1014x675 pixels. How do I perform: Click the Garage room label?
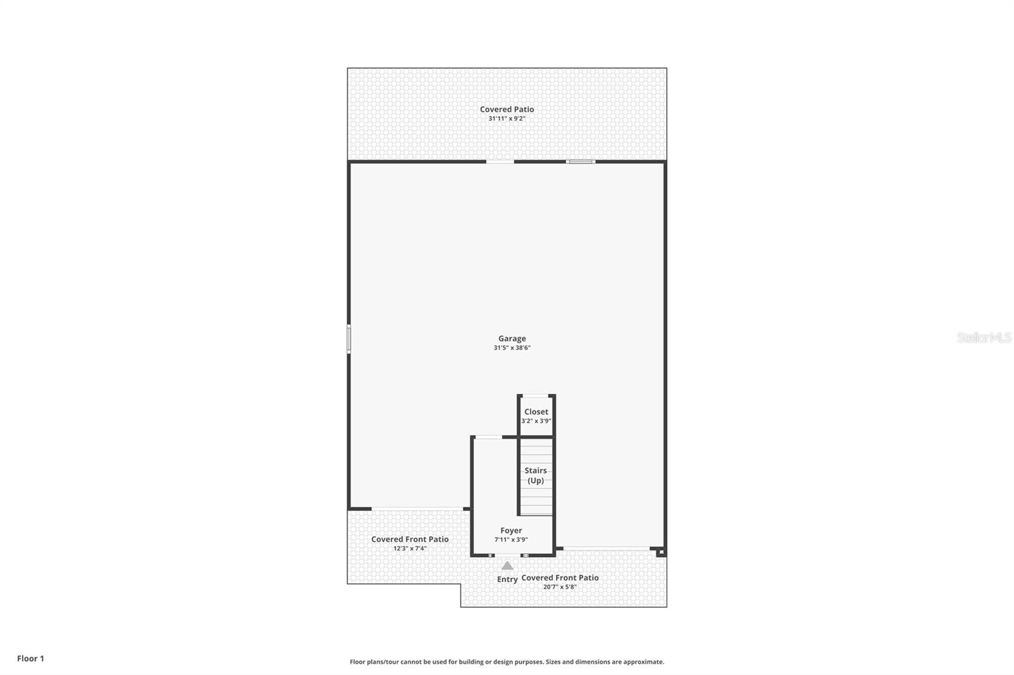pos(511,339)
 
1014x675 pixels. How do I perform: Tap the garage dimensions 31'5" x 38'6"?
pos(511,348)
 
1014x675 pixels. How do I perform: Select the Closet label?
pos(536,412)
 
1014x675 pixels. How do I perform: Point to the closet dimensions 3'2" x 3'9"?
pos(536,420)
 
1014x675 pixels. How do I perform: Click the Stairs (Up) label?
pos(536,476)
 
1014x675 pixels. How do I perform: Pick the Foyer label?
pos(511,531)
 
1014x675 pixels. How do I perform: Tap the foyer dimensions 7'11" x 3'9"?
pos(511,539)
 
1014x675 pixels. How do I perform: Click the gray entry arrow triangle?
pos(508,565)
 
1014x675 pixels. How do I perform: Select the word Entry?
pos(507,579)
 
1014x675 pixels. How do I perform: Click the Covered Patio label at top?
pos(506,110)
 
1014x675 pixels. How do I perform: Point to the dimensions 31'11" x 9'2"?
pos(506,118)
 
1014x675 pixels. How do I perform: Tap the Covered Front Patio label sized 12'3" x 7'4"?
pos(409,539)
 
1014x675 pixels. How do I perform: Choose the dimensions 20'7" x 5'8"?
pos(560,587)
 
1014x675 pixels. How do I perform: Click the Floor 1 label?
pos(30,659)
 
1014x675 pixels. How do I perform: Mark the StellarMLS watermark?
pos(984,337)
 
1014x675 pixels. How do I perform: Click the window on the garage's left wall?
pos(349,339)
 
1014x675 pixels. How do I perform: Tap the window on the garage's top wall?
pos(581,162)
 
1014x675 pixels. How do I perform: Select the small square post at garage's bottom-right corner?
pos(661,553)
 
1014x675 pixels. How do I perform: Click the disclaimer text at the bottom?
pos(507,662)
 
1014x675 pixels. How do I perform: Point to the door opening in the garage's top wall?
pos(500,162)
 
